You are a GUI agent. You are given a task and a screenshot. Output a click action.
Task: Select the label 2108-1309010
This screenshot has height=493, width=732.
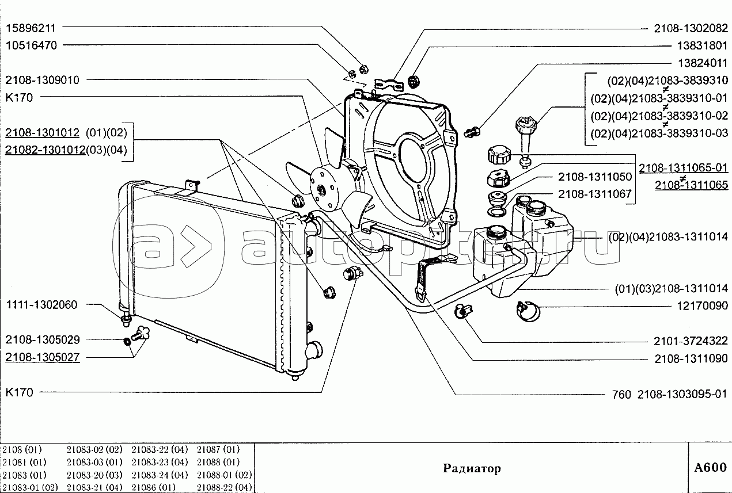[43, 80]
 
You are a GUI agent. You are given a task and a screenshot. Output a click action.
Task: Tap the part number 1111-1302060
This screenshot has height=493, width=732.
[42, 305]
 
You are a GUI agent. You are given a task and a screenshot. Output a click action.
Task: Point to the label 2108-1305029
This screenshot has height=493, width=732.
[43, 339]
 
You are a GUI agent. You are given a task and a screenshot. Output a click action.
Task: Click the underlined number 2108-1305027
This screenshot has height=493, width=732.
[43, 357]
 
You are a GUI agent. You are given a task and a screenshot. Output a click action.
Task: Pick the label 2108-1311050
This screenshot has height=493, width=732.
[594, 177]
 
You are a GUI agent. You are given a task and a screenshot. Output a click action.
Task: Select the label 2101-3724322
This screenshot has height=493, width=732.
[691, 341]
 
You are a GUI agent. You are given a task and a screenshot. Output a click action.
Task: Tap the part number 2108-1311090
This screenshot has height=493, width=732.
[691, 360]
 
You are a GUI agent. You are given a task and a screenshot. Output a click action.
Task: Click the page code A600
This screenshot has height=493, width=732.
[710, 468]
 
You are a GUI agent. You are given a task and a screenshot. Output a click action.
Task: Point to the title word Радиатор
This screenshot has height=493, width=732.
[472, 468]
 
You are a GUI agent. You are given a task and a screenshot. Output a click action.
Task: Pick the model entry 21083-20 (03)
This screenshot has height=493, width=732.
[94, 475]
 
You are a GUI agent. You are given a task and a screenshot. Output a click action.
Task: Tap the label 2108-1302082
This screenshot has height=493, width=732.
[691, 27]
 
